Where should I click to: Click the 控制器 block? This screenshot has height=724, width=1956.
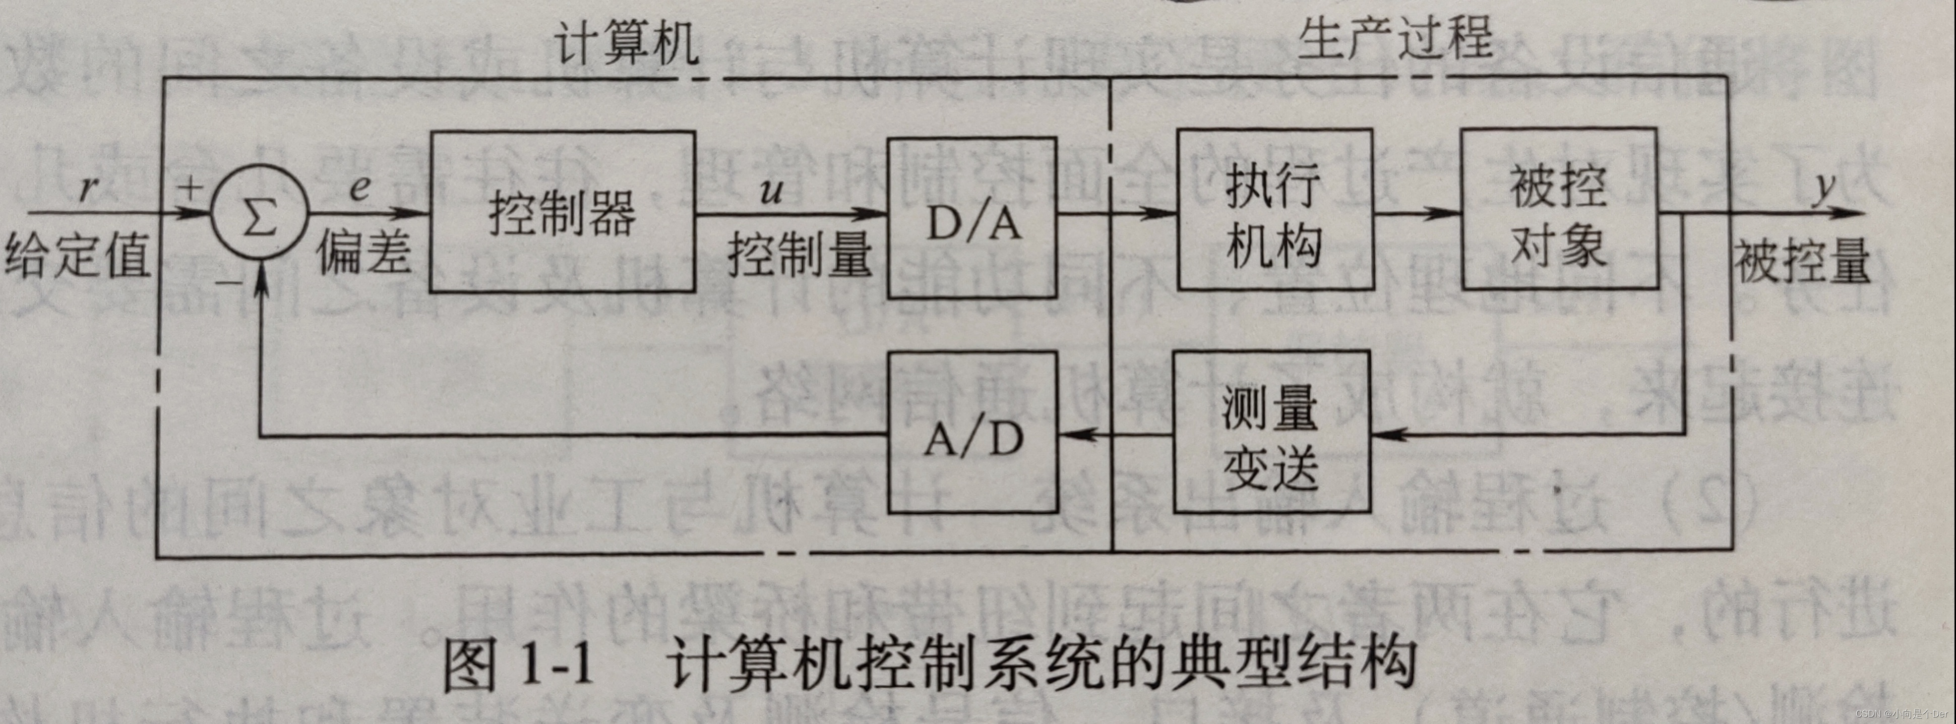(x=562, y=211)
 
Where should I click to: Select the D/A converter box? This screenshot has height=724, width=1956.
(x=972, y=218)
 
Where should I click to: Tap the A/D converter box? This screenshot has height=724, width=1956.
(x=972, y=432)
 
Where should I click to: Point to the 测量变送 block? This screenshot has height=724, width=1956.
(x=1272, y=432)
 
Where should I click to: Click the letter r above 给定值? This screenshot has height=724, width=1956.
(x=90, y=186)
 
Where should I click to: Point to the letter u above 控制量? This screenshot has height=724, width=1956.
(x=771, y=190)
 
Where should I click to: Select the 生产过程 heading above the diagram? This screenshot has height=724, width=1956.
(x=1394, y=38)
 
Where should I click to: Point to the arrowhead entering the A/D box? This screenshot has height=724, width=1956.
(x=1072, y=435)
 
